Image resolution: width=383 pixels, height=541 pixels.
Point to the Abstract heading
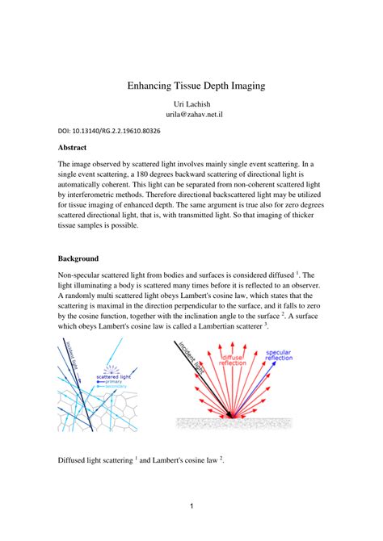coord(76,148)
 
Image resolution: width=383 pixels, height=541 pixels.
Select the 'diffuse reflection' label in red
coord(234,358)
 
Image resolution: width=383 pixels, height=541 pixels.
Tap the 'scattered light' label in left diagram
coord(115,376)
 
